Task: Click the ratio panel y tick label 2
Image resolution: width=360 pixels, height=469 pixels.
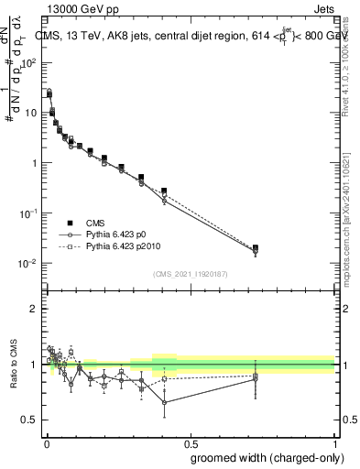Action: [35, 309]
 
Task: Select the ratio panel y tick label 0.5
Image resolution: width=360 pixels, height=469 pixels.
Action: [31, 420]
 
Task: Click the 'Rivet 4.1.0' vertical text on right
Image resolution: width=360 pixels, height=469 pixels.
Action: [348, 64]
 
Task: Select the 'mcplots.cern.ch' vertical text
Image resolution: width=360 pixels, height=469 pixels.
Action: [348, 229]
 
